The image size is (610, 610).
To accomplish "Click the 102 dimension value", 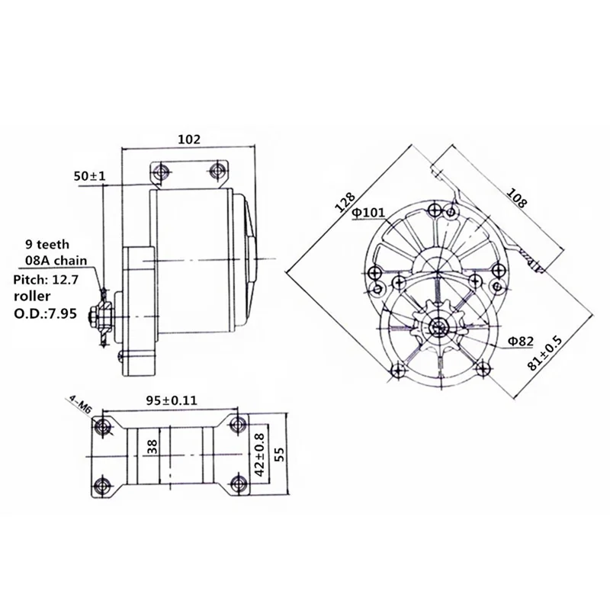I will point(188,140).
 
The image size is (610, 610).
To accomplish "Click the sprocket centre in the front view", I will point(438,329).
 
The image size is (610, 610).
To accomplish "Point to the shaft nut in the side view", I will point(97,313).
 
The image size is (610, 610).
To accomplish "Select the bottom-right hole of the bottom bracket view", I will point(239,486).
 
